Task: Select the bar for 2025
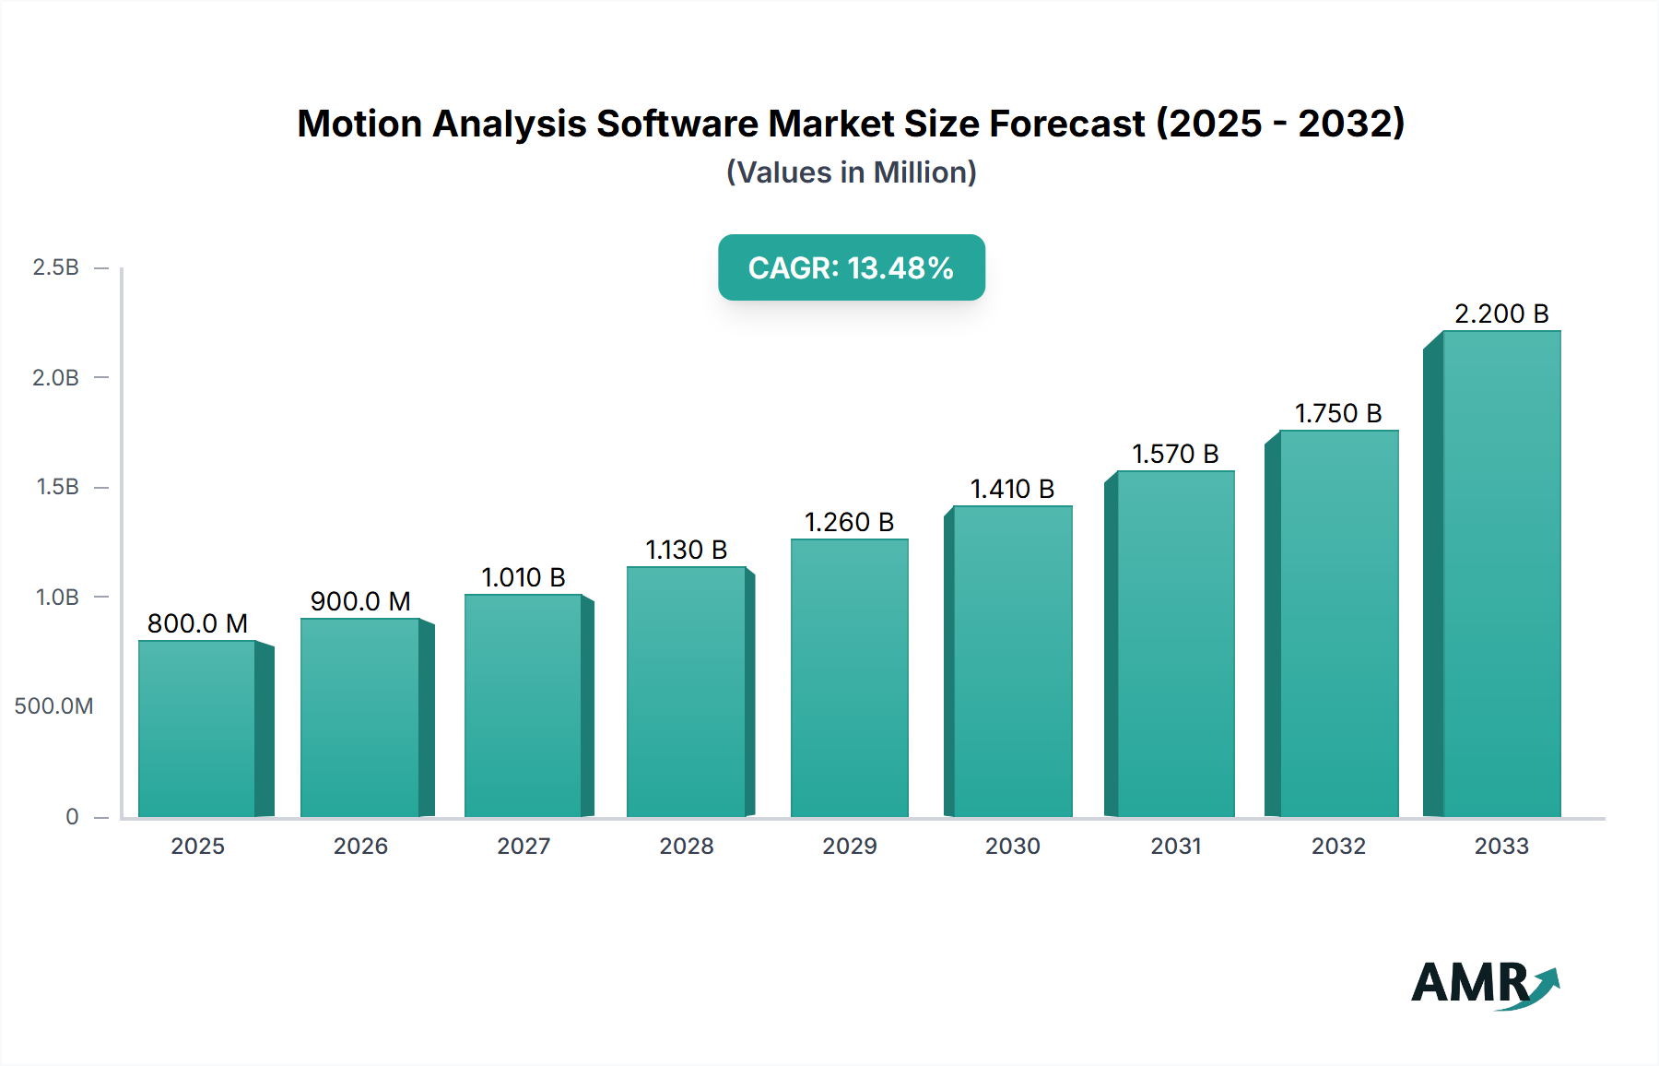(x=197, y=728)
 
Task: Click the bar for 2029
(x=849, y=678)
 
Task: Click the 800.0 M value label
(x=197, y=623)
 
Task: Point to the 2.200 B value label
(x=1500, y=314)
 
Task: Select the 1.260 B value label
(x=849, y=522)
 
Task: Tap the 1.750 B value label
(x=1337, y=413)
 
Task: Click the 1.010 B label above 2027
(x=523, y=577)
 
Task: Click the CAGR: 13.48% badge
(x=851, y=267)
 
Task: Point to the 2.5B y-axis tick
(x=56, y=267)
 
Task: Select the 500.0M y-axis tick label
(x=53, y=706)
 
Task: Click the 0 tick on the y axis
(x=72, y=817)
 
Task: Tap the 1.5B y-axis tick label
(x=57, y=487)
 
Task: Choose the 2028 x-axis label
(x=686, y=846)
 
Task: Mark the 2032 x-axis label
(x=1337, y=846)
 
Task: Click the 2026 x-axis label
(x=360, y=846)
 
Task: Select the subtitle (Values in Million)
(x=851, y=172)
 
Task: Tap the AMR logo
(x=1484, y=984)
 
